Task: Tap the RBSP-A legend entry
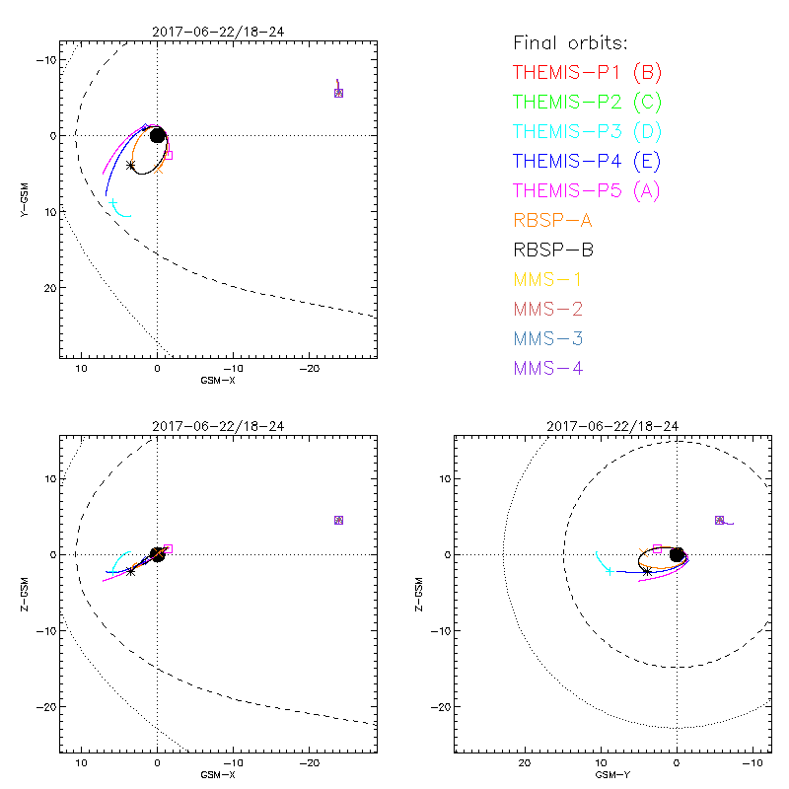(552, 220)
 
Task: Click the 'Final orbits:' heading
(570, 42)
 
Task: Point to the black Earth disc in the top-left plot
(157, 135)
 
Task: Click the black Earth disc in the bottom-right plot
(677, 554)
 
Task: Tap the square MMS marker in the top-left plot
(338, 93)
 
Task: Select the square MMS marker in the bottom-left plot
(338, 520)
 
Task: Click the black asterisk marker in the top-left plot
(131, 166)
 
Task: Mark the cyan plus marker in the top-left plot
(114, 204)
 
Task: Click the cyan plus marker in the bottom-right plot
(610, 571)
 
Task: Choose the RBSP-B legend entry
(552, 251)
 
